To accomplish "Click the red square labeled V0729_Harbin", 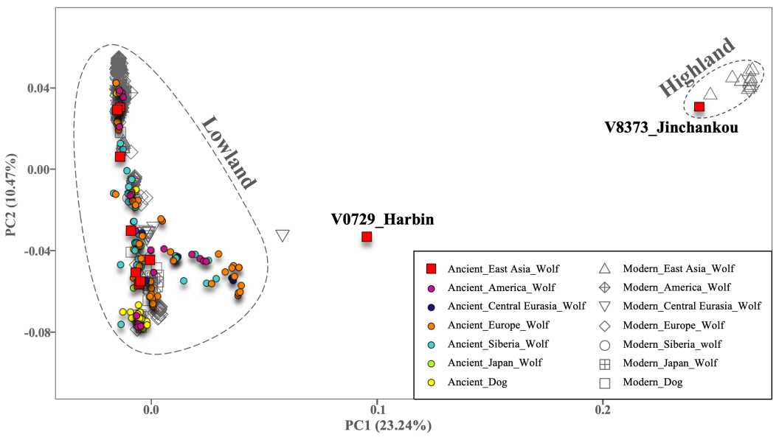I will [x=367, y=237].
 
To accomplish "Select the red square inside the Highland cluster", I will [x=699, y=107].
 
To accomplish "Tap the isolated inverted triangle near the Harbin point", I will [x=283, y=236].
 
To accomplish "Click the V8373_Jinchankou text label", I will [x=671, y=127].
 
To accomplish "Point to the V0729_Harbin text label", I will [x=382, y=219].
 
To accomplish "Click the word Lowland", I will [x=229, y=153].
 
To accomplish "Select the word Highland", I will [x=696, y=67].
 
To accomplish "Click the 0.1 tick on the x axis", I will [x=378, y=410].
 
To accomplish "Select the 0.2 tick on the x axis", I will [x=603, y=410].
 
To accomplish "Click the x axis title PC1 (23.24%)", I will [x=388, y=426].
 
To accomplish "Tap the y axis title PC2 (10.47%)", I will [x=12, y=195].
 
